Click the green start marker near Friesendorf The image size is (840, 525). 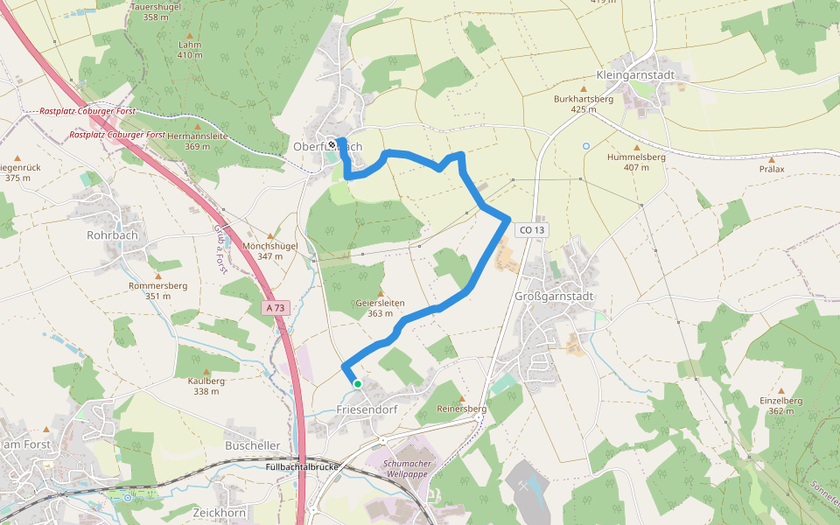click(357, 383)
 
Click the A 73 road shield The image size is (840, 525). click(276, 308)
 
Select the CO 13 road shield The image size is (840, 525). click(531, 230)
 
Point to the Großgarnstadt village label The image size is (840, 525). click(555, 297)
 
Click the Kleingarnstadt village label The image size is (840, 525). click(635, 75)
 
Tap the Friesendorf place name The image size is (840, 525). click(367, 409)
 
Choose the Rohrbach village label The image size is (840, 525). click(113, 235)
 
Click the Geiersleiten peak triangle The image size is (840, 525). click(381, 293)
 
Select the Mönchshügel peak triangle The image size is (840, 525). click(270, 236)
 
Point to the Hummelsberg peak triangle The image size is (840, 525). click(637, 148)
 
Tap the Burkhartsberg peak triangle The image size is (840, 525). click(584, 89)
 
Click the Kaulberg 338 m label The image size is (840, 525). click(206, 386)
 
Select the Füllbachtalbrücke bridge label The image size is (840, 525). click(301, 467)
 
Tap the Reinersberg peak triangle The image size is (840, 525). click(462, 399)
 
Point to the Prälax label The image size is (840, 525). click(772, 169)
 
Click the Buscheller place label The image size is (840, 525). click(253, 445)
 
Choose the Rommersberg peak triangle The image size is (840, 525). click(158, 276)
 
